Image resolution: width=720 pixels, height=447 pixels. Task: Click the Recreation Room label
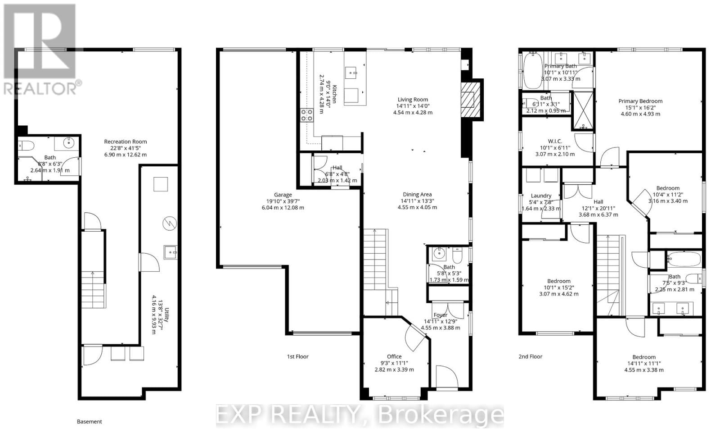(125, 141)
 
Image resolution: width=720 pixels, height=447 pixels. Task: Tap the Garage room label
(283, 195)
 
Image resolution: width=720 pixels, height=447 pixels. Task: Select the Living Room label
(413, 100)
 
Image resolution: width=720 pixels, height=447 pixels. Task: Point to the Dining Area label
(417, 195)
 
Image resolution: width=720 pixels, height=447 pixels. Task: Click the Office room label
(394, 357)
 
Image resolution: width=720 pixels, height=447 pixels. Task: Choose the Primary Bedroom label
(640, 101)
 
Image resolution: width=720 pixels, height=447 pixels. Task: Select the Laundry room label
(541, 196)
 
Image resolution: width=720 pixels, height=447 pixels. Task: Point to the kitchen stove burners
(307, 115)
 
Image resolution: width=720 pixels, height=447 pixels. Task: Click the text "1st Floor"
(298, 356)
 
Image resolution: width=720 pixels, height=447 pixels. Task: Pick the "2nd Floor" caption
(530, 356)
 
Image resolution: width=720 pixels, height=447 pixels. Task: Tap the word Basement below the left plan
(90, 422)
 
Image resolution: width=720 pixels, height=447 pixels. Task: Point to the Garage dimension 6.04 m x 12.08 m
(283, 208)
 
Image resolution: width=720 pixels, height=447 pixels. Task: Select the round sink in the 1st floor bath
(437, 254)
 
